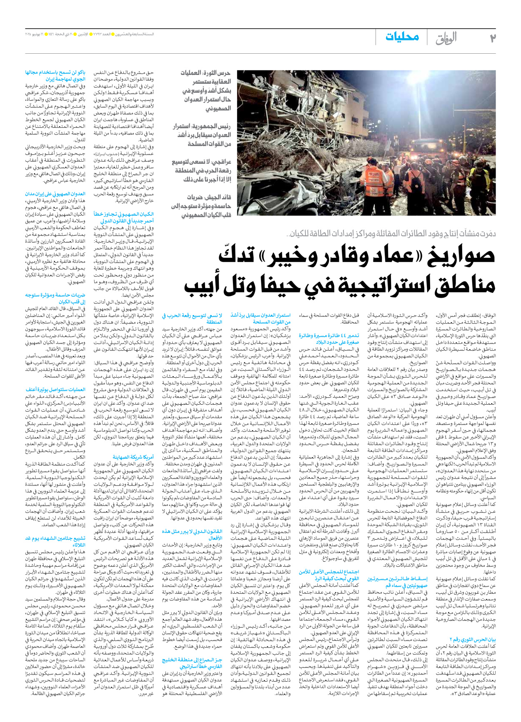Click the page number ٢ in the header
492,38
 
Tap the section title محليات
402,37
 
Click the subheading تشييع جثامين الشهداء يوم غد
55,541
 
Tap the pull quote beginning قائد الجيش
205,206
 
